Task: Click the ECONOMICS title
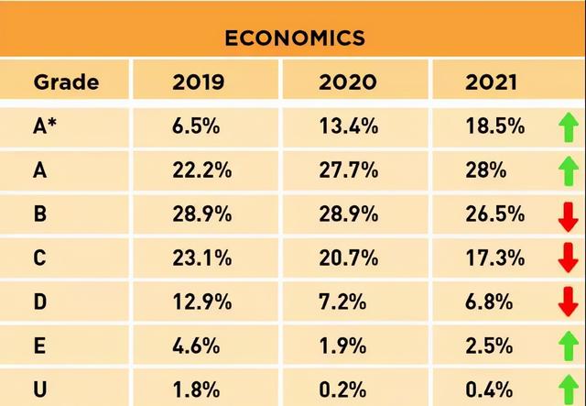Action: click(295, 38)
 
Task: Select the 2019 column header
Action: click(198, 82)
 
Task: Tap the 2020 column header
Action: click(348, 82)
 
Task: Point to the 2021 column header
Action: click(491, 82)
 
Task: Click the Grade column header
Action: click(66, 82)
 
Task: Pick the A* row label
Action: click(45, 126)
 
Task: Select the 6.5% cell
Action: click(196, 126)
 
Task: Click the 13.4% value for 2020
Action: click(348, 126)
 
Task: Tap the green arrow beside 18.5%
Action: click(569, 127)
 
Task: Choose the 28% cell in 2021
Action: click(486, 170)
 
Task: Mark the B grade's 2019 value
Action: click(201, 214)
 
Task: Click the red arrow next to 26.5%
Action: click(569, 217)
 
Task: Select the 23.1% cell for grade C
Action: click(201, 258)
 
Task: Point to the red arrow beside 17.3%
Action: click(569, 258)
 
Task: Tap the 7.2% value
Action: click(342, 302)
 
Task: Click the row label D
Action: click(40, 302)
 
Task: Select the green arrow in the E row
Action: click(569, 346)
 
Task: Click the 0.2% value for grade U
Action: click(342, 390)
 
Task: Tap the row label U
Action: click(40, 390)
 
